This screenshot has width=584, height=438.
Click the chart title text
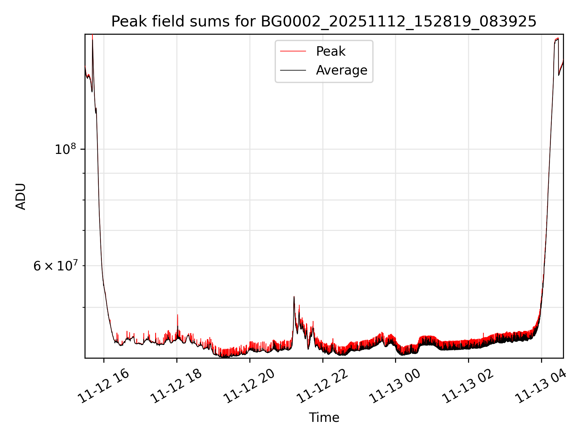tap(324, 22)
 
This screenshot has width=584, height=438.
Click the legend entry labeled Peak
tap(330, 51)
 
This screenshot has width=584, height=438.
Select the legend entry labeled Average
tap(341, 70)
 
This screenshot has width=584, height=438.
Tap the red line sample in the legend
tap(293, 51)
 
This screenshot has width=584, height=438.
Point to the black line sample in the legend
tap(293, 70)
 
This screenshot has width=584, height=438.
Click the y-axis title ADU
tap(21, 196)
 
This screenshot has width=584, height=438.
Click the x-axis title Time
tap(324, 418)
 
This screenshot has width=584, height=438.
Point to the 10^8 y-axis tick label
tap(65, 149)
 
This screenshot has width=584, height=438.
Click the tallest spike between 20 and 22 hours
tap(294, 297)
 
